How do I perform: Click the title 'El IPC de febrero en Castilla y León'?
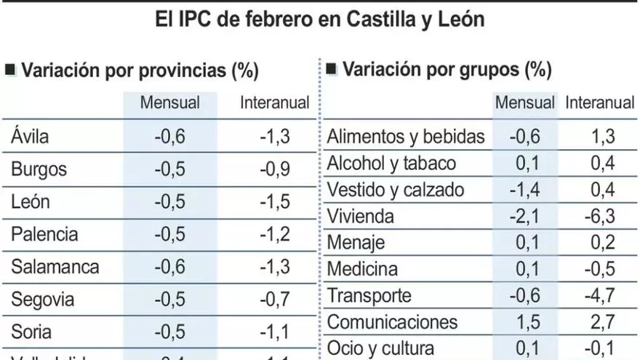[x=320, y=19]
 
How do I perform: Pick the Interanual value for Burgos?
[x=275, y=169]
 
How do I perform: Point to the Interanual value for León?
[x=275, y=201]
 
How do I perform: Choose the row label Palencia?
[x=44, y=234]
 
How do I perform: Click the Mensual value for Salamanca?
[x=169, y=267]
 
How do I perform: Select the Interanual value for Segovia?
[x=275, y=300]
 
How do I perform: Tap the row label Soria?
[x=31, y=332]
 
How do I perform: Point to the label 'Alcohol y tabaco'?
[x=391, y=163]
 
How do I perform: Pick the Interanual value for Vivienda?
[x=601, y=216]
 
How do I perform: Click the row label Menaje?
[x=356, y=242]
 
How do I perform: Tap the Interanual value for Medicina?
[x=601, y=269]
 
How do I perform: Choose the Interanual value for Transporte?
[x=601, y=295]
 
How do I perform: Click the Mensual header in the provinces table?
[x=170, y=103]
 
